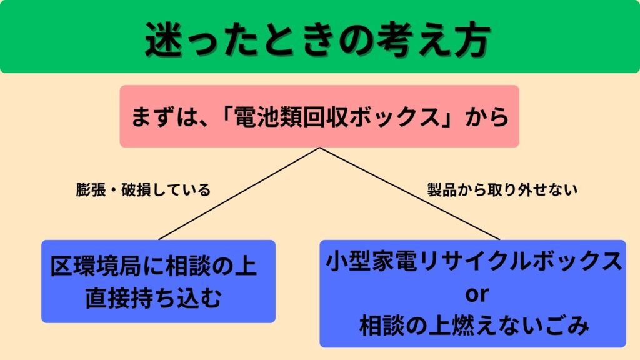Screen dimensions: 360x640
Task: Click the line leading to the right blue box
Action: click(x=409, y=194)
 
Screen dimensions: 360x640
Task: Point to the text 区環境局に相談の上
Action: click(x=154, y=267)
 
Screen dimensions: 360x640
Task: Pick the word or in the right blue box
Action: click(x=472, y=293)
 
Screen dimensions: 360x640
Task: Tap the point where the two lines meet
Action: click(x=320, y=148)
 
